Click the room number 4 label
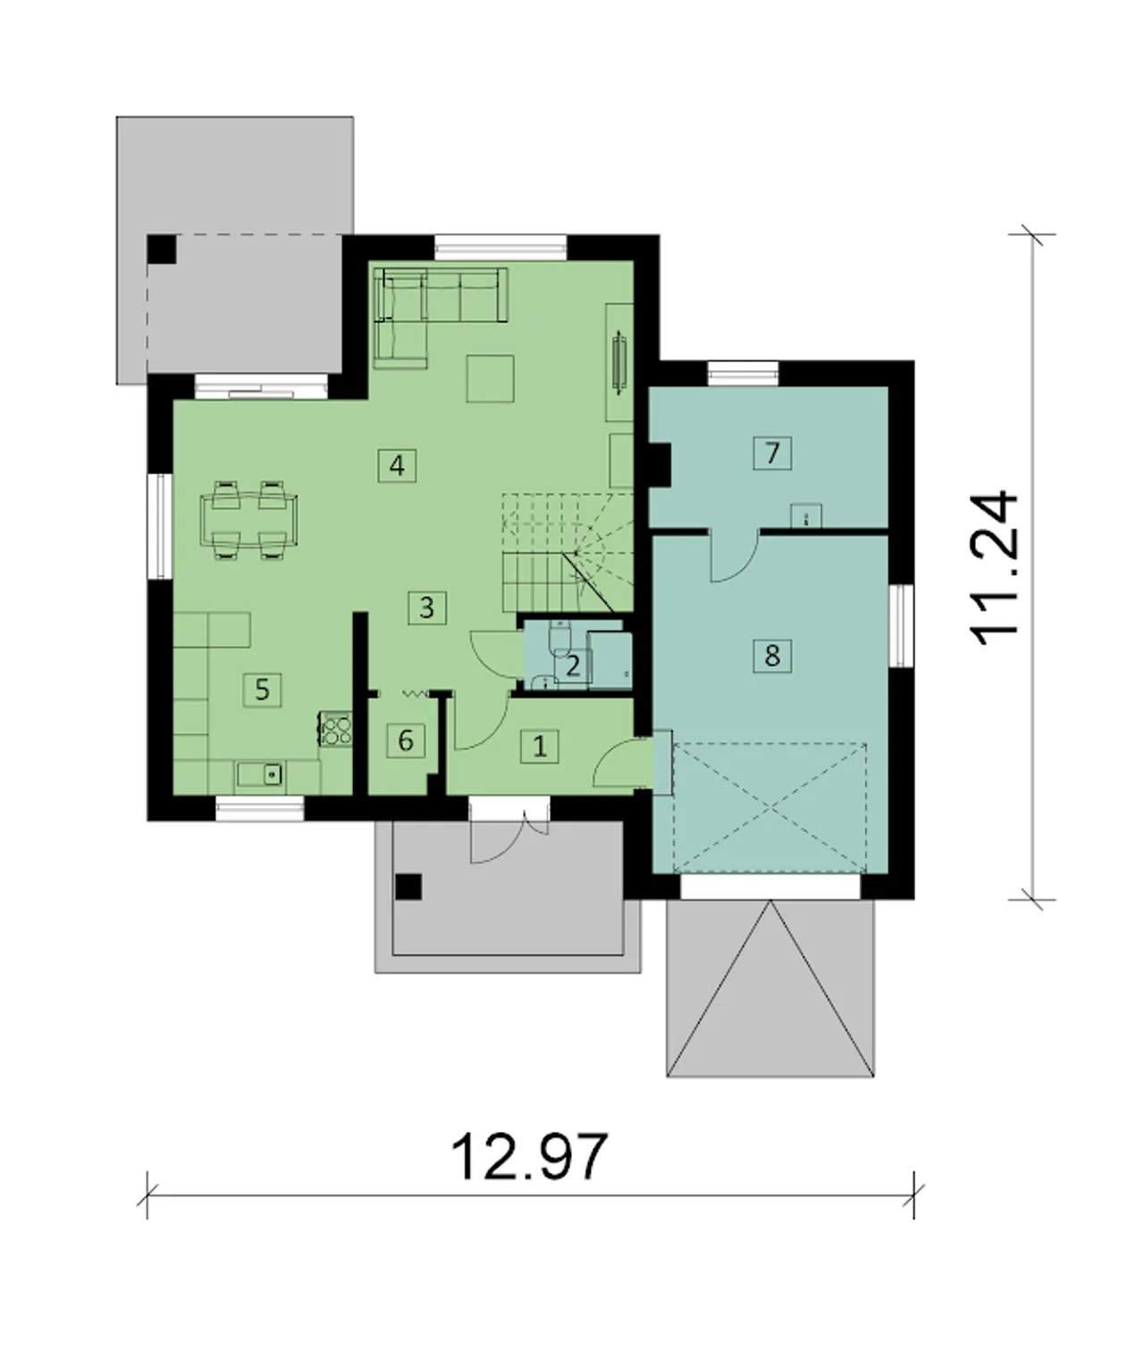pyautogui.click(x=397, y=466)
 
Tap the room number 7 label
pyautogui.click(x=772, y=452)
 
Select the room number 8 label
pyautogui.click(x=772, y=654)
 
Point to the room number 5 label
pyautogui.click(x=263, y=689)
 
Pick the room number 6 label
pyautogui.click(x=406, y=740)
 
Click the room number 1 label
pyautogui.click(x=540, y=747)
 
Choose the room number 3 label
pyautogui.click(x=426, y=608)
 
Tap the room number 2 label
pyautogui.click(x=573, y=667)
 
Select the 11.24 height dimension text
pyautogui.click(x=994, y=569)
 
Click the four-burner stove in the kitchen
pyautogui.click(x=336, y=730)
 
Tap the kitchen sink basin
pyautogui.click(x=259, y=774)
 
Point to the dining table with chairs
pyautogui.click(x=249, y=519)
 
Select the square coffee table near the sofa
pyautogui.click(x=490, y=378)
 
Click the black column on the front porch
pyautogui.click(x=408, y=887)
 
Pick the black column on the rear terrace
pyautogui.click(x=162, y=249)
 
